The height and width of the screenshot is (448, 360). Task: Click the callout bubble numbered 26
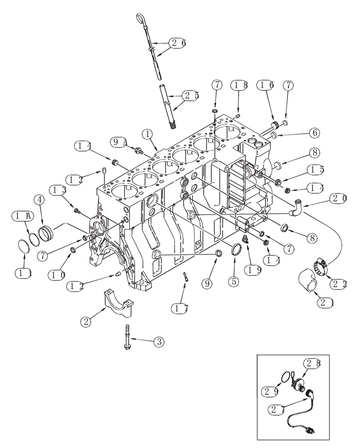pos(177,43)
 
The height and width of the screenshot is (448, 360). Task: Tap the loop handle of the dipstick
pos(139,18)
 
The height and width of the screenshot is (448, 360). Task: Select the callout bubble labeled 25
pos(191,95)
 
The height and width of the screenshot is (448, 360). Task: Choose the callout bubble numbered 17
pos(181,308)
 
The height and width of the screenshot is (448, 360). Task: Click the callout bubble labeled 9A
pos(119,142)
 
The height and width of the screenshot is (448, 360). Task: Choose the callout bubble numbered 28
pos(313,364)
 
